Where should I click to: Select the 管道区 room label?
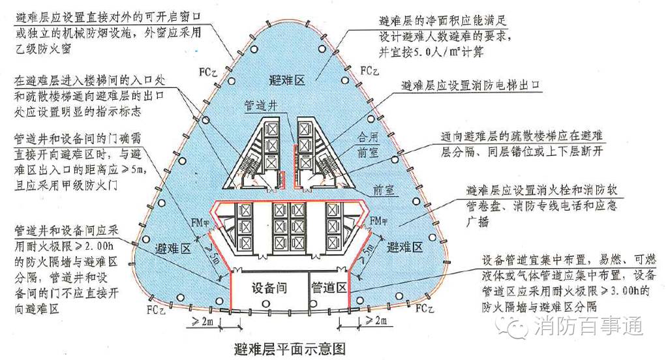pyautogui.click(x=328, y=287)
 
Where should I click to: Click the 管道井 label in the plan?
pyautogui.click(x=261, y=104)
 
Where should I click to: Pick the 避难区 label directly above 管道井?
pyautogui.click(x=286, y=80)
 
